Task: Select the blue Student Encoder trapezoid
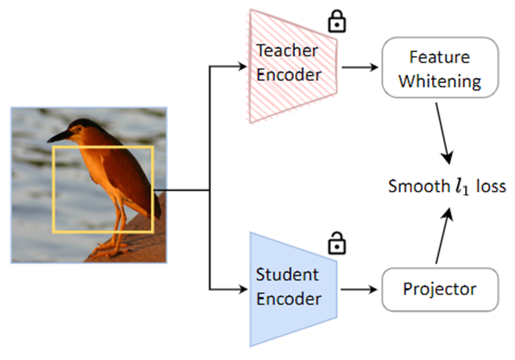(x=291, y=288)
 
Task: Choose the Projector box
(x=439, y=288)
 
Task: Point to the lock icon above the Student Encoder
(x=336, y=241)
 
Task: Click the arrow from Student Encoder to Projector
(x=360, y=288)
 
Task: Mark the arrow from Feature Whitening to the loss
(x=444, y=133)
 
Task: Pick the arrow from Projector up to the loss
(x=444, y=236)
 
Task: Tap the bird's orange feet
(x=107, y=247)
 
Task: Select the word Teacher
(x=288, y=52)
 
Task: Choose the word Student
(x=288, y=275)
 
